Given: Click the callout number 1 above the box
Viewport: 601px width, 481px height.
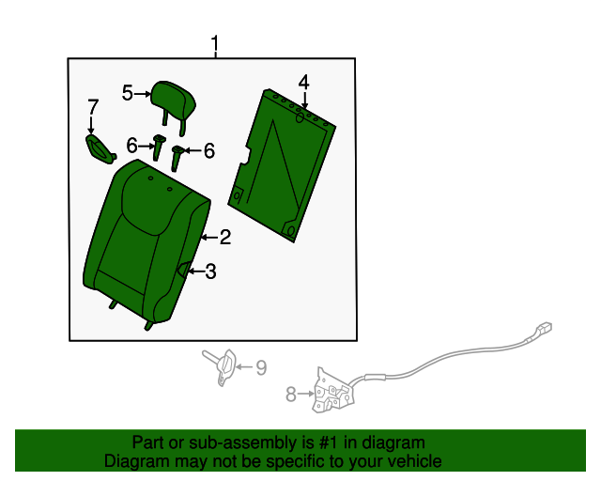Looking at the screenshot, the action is [215, 45].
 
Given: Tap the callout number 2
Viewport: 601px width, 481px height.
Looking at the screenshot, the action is [225, 237].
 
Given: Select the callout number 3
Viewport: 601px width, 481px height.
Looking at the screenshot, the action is [210, 272].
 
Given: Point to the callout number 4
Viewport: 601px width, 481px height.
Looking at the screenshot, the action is [303, 83].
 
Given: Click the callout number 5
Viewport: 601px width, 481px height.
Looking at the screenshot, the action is [128, 93].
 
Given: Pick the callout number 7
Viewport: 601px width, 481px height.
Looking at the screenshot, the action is [93, 107].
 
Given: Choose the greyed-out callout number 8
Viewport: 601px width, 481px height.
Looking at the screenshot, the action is [291, 395].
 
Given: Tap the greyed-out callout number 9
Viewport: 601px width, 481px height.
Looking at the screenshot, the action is [261, 367].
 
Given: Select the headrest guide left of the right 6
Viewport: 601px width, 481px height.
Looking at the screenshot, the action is [177, 158].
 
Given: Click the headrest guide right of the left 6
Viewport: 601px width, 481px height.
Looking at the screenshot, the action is [159, 147].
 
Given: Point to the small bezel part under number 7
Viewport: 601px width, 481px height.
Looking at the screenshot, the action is [100, 148].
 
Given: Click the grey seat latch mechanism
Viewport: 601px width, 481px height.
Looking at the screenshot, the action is [333, 391].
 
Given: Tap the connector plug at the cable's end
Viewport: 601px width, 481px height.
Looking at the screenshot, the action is [545, 327].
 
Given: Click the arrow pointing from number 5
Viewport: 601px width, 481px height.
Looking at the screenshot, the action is [142, 93].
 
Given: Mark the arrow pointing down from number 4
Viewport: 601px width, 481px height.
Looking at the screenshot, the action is [304, 101].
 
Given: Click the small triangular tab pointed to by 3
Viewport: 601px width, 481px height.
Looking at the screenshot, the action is [185, 269].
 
